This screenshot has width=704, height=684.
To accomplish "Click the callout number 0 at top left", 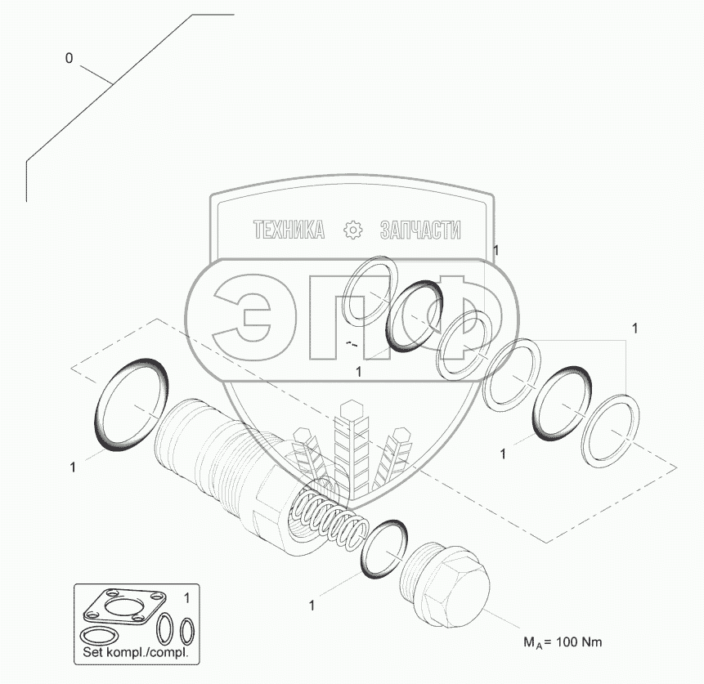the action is click(69, 58).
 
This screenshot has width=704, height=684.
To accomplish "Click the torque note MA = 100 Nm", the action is click(563, 642).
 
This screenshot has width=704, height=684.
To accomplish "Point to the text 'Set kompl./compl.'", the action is click(135, 652).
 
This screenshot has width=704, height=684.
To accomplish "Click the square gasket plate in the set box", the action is click(124, 607).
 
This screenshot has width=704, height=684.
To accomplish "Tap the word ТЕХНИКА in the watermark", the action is click(289, 230).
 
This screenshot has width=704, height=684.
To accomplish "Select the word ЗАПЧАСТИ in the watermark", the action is click(420, 230).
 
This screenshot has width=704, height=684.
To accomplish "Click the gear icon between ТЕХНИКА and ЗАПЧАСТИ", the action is click(352, 230).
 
